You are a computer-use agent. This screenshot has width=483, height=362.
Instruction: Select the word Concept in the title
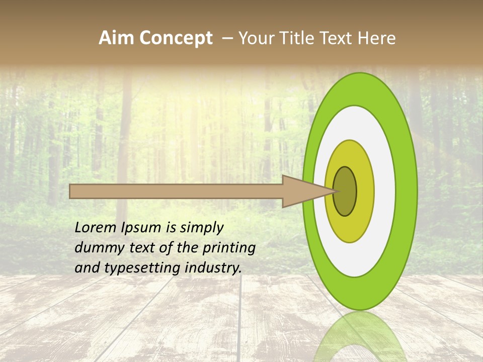[x=176, y=38]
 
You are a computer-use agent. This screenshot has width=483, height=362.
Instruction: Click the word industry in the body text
[x=214, y=268]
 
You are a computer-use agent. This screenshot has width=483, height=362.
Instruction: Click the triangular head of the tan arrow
[x=302, y=191]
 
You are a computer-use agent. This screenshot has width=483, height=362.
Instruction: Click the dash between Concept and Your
[x=227, y=38]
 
